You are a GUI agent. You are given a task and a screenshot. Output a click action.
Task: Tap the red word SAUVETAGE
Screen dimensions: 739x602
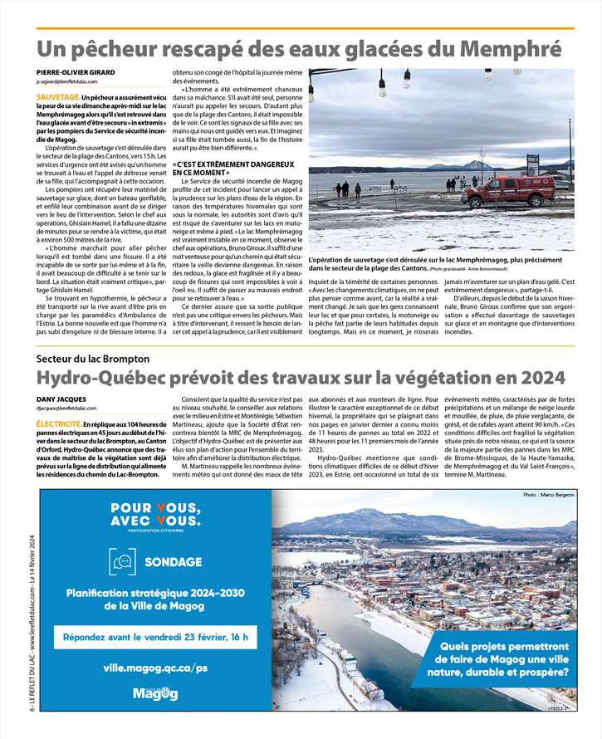pyautogui.click(x=57, y=98)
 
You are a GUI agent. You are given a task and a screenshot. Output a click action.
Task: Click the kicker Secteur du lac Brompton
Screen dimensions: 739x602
pyautogui.click(x=92, y=359)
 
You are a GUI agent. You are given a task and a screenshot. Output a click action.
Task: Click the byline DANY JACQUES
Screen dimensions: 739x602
pyautogui.click(x=61, y=399)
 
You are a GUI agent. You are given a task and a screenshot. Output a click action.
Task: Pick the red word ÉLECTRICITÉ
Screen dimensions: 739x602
pyautogui.click(x=58, y=423)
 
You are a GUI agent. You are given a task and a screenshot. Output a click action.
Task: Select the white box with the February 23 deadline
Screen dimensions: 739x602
pyautogui.click(x=154, y=637)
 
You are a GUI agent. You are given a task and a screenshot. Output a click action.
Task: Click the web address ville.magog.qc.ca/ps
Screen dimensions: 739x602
pyautogui.click(x=155, y=667)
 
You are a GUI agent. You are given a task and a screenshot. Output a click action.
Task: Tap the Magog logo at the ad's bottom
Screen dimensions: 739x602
pyautogui.click(x=154, y=694)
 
